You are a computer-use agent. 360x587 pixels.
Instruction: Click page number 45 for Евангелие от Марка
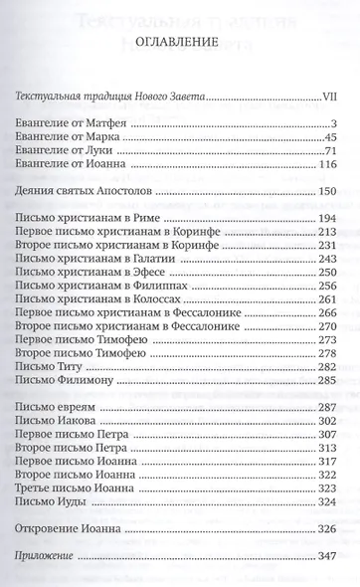click(x=334, y=136)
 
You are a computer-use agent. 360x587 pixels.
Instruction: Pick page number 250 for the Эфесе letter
click(x=331, y=272)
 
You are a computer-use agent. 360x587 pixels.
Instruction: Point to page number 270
click(x=331, y=325)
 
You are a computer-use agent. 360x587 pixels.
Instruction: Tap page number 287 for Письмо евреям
click(x=331, y=408)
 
